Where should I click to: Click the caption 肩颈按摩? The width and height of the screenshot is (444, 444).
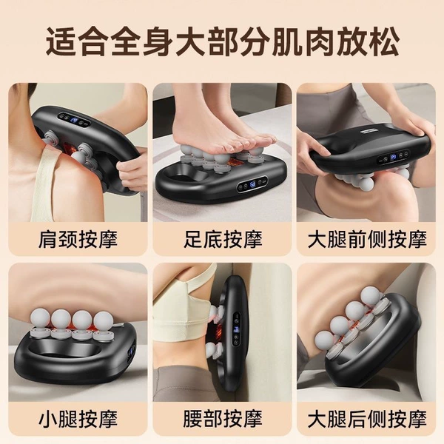point(78,240)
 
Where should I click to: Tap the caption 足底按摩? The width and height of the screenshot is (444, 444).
point(223,240)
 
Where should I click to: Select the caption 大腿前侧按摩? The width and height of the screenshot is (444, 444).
point(367,240)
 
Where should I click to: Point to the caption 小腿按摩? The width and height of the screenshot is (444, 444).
point(78,419)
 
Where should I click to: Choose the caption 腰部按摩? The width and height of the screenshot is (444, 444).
point(223,419)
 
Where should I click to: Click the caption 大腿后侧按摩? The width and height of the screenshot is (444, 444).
point(367,419)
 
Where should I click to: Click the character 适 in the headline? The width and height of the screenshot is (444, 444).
point(61,41)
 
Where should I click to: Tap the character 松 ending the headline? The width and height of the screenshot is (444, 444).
point(383,41)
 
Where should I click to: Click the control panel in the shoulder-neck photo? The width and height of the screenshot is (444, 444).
point(74,121)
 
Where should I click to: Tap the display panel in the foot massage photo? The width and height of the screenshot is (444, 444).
point(252,185)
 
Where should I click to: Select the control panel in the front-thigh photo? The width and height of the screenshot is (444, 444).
point(394,157)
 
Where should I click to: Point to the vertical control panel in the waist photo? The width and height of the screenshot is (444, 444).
point(237,329)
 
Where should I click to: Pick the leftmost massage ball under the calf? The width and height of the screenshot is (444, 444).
point(41,318)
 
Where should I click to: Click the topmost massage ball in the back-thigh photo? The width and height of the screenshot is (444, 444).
point(371,296)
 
